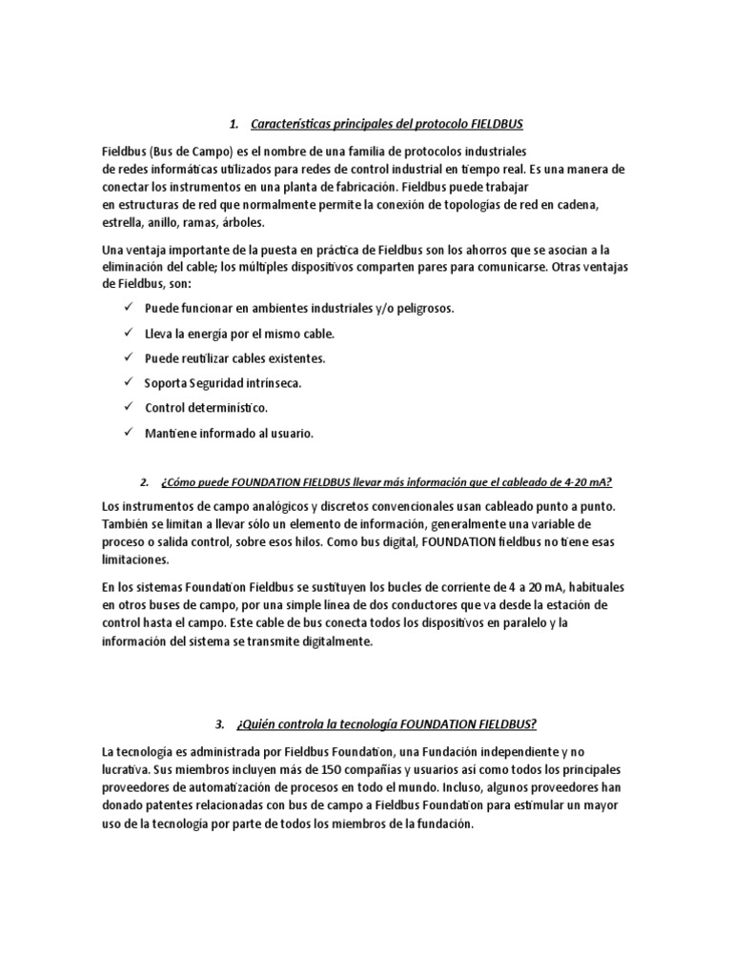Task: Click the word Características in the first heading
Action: (292, 125)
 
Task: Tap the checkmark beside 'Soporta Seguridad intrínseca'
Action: (129, 383)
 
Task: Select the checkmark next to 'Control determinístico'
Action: (129, 408)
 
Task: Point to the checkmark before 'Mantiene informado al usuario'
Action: (129, 433)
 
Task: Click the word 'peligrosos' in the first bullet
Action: (423, 310)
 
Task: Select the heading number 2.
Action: (144, 480)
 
